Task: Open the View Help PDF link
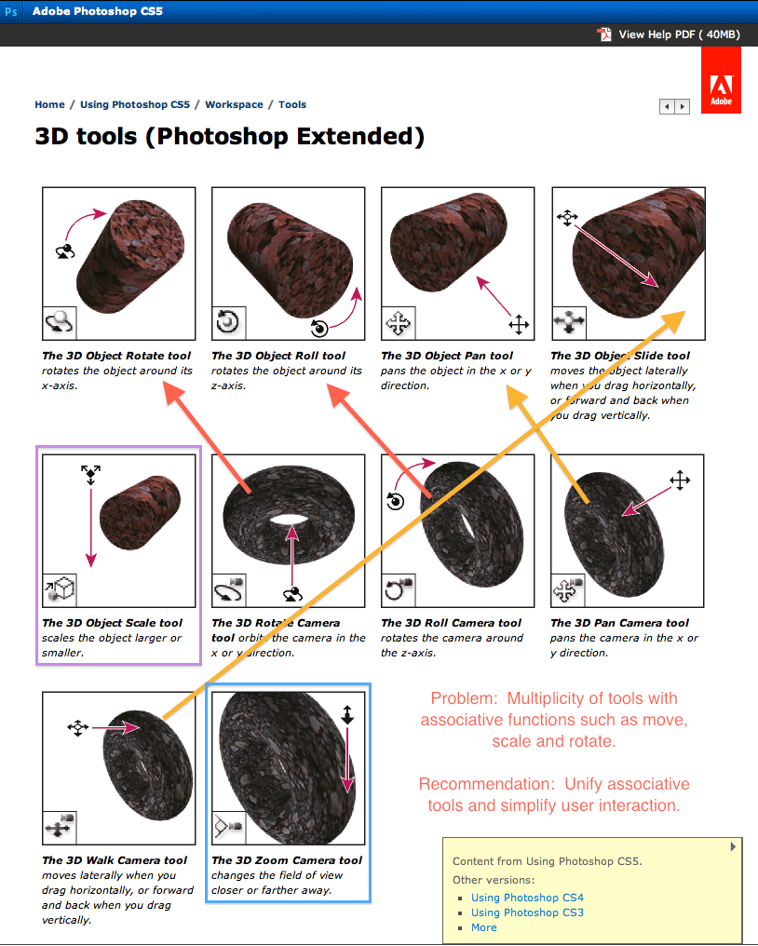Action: (679, 34)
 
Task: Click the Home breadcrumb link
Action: (49, 105)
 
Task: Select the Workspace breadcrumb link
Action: (234, 105)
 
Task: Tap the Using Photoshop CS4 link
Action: (527, 898)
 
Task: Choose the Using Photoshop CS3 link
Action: (527, 912)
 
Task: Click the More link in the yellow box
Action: (483, 927)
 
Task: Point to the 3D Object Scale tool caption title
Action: (112, 623)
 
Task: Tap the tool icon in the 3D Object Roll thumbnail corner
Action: (227, 322)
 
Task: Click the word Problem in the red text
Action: (462, 698)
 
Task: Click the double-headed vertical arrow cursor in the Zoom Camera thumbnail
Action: (347, 714)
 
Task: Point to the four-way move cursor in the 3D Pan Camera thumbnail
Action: (679, 480)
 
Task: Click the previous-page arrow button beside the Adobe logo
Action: (667, 107)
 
